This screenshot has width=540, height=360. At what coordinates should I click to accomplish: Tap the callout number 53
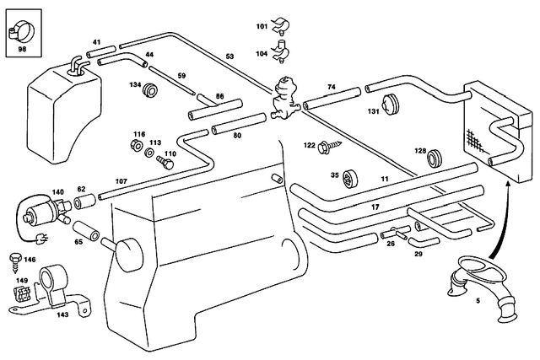(229, 57)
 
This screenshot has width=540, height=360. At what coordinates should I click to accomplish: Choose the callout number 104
(262, 52)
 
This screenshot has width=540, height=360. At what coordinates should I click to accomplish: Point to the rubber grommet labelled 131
(390, 105)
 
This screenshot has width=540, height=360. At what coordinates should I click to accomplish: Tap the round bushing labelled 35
(352, 177)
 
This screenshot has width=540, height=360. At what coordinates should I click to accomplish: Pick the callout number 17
(375, 207)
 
